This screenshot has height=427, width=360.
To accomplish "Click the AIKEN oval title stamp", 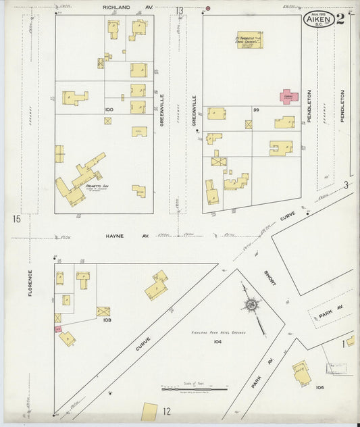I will [317, 19].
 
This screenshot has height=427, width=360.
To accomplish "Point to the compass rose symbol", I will [251, 305].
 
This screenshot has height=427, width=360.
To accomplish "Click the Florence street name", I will [30, 284].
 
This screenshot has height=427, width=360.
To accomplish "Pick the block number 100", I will [109, 109].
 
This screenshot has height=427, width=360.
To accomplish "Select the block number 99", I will [256, 109].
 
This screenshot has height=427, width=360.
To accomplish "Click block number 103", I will [106, 321].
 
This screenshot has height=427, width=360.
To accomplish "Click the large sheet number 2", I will [340, 18].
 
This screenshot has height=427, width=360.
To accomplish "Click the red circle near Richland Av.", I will [208, 8].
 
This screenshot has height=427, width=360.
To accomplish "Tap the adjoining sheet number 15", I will [16, 218].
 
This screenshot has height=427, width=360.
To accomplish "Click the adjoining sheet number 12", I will [165, 411].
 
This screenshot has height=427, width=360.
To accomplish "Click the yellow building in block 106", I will [301, 372].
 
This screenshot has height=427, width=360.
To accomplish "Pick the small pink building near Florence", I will [58, 328].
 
